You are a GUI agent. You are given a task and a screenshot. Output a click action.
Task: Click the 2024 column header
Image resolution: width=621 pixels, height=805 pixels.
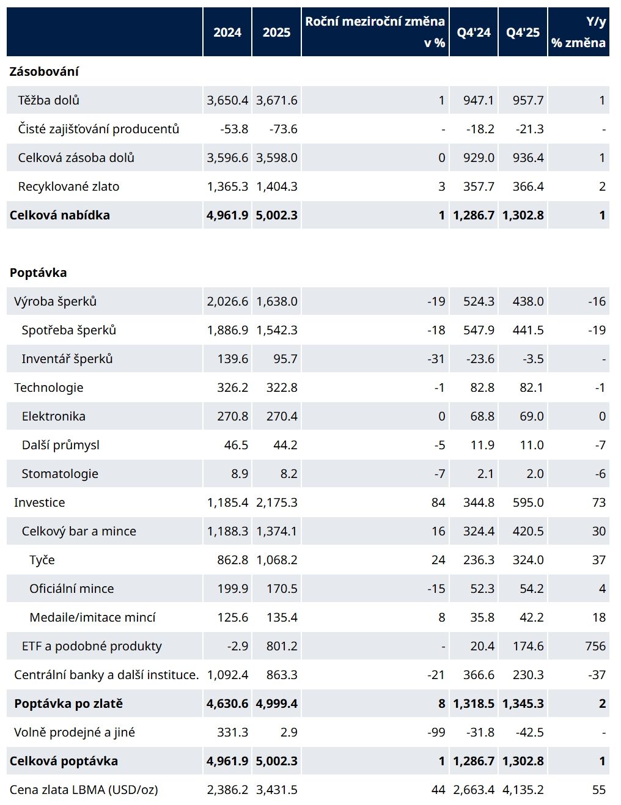click(227, 32)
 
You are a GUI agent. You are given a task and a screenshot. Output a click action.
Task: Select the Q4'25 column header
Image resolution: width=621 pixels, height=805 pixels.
click(523, 32)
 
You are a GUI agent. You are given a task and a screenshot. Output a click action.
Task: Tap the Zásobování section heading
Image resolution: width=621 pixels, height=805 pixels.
click(44, 72)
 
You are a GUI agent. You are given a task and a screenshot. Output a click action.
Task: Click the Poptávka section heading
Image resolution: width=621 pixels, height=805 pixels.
click(38, 273)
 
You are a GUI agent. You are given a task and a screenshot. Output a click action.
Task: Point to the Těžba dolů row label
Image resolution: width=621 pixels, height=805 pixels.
click(48, 100)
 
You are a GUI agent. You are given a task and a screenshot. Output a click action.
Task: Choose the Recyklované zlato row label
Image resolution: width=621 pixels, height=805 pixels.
click(68, 186)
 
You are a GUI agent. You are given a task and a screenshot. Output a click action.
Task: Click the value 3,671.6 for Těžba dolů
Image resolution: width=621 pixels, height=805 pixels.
click(277, 100)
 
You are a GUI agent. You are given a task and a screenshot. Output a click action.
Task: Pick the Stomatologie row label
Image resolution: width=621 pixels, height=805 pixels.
click(60, 474)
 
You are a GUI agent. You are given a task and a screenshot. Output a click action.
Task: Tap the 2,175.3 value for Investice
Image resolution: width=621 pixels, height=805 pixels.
click(277, 502)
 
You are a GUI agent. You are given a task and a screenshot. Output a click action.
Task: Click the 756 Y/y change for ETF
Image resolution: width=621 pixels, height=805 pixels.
click(595, 646)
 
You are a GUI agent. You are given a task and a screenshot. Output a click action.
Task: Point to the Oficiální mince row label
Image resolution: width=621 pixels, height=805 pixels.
click(72, 589)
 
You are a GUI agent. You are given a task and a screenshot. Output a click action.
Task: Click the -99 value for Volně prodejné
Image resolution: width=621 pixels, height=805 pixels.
click(436, 732)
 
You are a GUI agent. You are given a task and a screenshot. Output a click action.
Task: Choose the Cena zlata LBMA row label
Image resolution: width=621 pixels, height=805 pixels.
click(84, 790)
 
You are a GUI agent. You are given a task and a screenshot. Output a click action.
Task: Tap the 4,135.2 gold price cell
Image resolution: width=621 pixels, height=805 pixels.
click(523, 790)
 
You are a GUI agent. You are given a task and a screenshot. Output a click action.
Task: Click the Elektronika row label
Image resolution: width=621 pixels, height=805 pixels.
click(53, 416)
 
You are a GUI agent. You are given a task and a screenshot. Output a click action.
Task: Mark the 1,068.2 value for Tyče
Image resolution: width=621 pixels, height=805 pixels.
click(277, 560)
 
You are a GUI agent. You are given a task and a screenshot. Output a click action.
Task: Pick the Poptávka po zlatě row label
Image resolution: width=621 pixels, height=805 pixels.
click(68, 704)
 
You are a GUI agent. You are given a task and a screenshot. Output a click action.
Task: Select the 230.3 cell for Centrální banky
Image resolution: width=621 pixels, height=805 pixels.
click(528, 675)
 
